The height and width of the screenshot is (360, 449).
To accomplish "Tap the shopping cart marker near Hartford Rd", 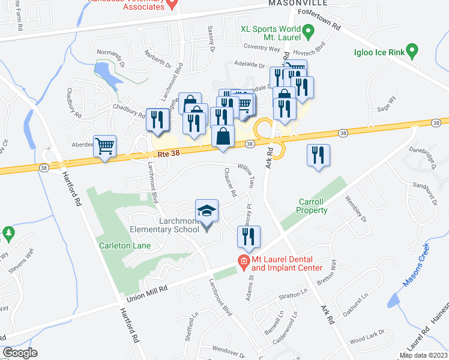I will coord(104,146).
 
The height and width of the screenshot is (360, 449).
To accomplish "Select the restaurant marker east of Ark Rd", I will coord(318,155).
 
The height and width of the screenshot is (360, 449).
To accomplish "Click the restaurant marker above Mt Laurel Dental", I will coord(249,236).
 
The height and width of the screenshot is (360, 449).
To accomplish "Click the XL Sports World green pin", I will coord(309,31).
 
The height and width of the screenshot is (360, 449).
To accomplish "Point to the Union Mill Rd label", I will coord(146,294).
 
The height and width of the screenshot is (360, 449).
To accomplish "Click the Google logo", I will coord(20,353).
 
